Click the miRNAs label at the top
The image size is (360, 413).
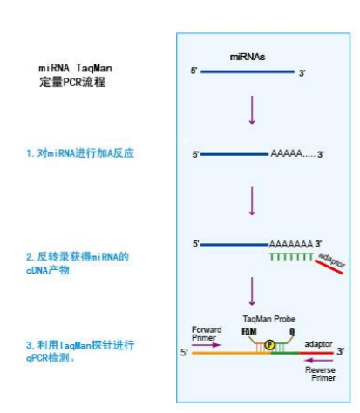click(x=248, y=57)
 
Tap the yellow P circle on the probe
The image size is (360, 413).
click(x=269, y=345)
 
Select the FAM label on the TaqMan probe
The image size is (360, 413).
click(x=249, y=332)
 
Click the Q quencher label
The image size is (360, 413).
click(x=292, y=332)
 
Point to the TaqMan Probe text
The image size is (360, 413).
click(x=269, y=319)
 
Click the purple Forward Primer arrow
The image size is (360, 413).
click(x=207, y=345)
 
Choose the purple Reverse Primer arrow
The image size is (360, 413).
click(x=319, y=361)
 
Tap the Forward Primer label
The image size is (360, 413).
click(x=207, y=334)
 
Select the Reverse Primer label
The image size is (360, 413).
click(x=320, y=374)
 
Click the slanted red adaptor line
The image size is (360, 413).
click(x=329, y=267)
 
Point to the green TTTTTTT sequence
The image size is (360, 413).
click(x=291, y=256)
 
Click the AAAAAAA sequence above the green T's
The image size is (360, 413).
click(x=291, y=244)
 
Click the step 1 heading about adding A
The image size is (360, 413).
click(x=80, y=153)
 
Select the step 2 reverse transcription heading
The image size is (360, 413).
click(x=78, y=263)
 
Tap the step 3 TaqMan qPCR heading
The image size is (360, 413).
click(x=80, y=351)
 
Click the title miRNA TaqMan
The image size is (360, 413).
click(x=75, y=68)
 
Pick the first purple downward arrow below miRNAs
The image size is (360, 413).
click(x=252, y=110)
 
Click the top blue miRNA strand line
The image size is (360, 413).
click(x=248, y=71)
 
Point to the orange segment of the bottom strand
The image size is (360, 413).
click(x=231, y=353)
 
